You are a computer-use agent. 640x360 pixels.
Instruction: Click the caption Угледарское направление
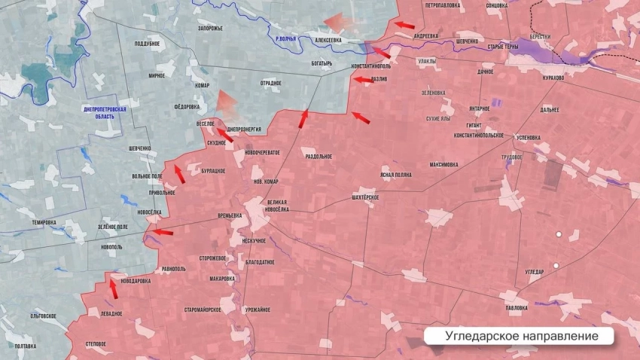pyautogui.click(x=521, y=335)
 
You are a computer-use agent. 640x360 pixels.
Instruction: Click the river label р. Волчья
pyautogui.click(x=286, y=38)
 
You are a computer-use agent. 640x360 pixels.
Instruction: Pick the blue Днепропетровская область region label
pyautogui.click(x=105, y=113)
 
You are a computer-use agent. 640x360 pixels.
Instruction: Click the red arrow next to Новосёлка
pyautogui.click(x=163, y=232)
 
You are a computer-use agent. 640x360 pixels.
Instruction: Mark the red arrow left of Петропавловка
pyautogui.click(x=404, y=25)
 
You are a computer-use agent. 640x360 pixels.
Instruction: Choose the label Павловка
pyautogui.click(x=517, y=307)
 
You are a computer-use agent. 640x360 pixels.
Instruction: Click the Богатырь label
pyautogui.click(x=322, y=63)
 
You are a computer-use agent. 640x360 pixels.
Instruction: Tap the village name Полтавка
pyautogui.click(x=26, y=346)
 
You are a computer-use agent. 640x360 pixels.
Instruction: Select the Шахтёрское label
pyautogui.click(x=365, y=197)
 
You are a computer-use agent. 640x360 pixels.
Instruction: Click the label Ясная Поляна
pyautogui.click(x=396, y=175)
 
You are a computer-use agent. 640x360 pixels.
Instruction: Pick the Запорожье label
pyautogui.click(x=210, y=29)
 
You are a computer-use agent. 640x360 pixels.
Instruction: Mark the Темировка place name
pyautogui.click(x=44, y=222)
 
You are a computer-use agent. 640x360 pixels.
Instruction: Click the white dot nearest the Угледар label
pyautogui.click(x=556, y=265)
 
